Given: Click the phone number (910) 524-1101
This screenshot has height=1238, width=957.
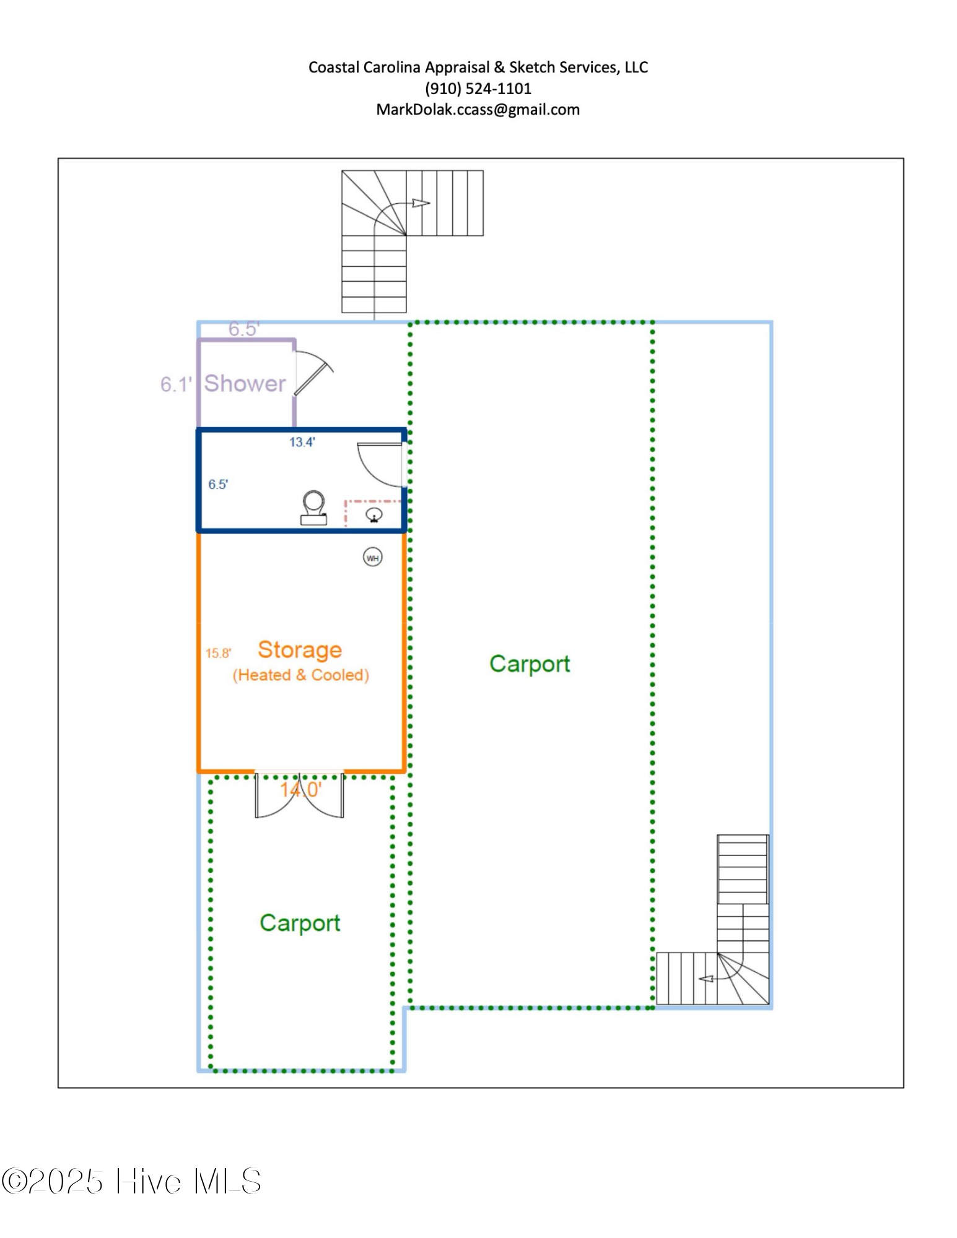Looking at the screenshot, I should click(x=478, y=89).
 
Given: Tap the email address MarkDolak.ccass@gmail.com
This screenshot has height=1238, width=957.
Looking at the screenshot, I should click(x=478, y=110).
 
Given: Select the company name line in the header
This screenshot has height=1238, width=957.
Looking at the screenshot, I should click(x=478, y=67).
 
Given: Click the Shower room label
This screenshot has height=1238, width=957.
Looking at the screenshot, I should click(x=245, y=383).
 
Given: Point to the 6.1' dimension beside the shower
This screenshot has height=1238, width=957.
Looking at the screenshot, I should click(x=176, y=384).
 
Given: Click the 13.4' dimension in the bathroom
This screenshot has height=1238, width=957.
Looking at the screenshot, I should click(x=302, y=442).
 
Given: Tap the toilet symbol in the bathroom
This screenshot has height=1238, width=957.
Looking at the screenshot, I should click(x=314, y=508).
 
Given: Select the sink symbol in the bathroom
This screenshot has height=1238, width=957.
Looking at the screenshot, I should click(x=374, y=514).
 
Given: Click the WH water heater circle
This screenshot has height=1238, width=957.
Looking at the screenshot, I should click(x=372, y=557).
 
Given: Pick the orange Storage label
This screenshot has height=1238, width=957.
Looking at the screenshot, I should click(x=300, y=650).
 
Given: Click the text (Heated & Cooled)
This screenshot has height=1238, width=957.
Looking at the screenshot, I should click(x=301, y=675).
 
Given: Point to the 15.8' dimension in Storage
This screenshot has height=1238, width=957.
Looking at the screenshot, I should click(x=218, y=653).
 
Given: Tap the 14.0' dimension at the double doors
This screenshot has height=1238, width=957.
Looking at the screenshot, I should click(x=300, y=790).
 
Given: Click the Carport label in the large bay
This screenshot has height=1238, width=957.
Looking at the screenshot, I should click(x=530, y=664).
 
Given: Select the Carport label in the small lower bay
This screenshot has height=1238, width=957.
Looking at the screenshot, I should click(x=300, y=923).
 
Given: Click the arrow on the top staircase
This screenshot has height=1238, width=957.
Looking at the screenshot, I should click(x=421, y=203).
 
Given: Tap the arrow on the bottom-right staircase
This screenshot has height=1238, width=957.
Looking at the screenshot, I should click(x=706, y=979).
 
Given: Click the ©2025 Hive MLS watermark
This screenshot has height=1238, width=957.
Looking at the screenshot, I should click(x=131, y=1181).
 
